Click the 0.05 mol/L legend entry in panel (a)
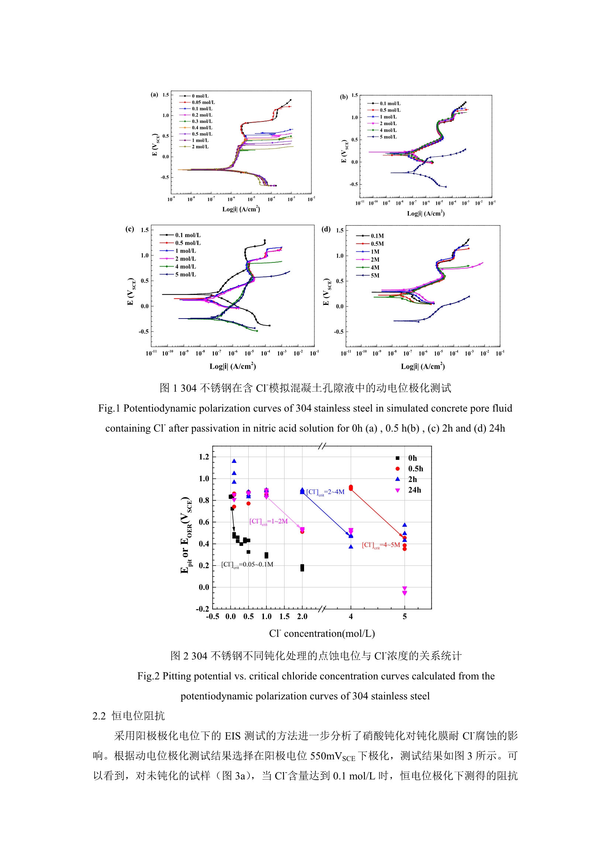pos(203,102)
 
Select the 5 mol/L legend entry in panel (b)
pos(388,137)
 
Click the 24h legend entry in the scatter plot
pos(414,490)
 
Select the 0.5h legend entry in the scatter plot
pos(415,469)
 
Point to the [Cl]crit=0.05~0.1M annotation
pos(247,564)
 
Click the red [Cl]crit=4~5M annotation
pos(380,545)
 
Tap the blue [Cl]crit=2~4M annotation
pos(325,492)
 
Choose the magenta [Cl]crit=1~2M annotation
pos(268,521)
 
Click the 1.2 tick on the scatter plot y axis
pos(204,457)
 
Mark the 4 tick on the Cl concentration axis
pos(351,616)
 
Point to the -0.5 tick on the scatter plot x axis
pos(212,616)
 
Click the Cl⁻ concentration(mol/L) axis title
pos(322,634)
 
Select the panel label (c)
pos(130,229)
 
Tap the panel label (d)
pos(326,229)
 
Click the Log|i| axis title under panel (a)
pos(241,209)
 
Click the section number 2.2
pos(99,716)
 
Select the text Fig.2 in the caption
pos(148,676)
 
